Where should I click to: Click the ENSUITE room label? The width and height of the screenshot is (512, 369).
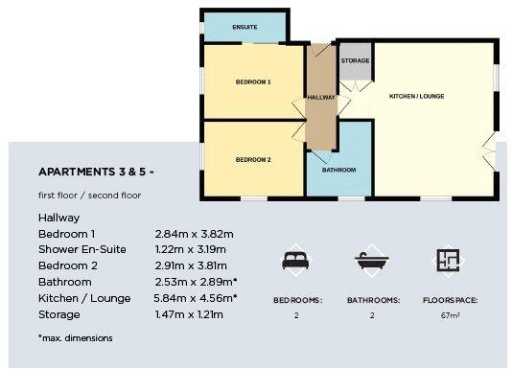[244, 28]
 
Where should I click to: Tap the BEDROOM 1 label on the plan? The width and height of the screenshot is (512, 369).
[253, 82]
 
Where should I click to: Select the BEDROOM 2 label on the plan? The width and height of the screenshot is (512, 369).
[253, 159]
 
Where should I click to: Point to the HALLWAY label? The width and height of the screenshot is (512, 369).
[320, 98]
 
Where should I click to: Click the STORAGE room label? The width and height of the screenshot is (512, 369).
[355, 61]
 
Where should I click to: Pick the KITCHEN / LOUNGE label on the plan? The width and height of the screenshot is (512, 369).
[416, 96]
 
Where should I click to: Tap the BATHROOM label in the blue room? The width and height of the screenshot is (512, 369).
[338, 170]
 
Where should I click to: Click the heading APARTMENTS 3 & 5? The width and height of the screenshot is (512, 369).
[96, 173]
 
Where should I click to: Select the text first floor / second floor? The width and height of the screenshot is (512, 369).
[89, 196]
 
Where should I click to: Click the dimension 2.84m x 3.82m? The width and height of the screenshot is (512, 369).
[195, 234]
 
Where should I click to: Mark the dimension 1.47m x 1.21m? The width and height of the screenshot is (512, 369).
[195, 314]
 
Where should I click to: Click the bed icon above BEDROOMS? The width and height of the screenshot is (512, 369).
[294, 260]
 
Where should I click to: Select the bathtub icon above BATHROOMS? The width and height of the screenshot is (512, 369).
[371, 260]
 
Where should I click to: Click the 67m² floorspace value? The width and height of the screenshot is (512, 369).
[450, 313]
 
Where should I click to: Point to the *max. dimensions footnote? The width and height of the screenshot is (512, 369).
[76, 338]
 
